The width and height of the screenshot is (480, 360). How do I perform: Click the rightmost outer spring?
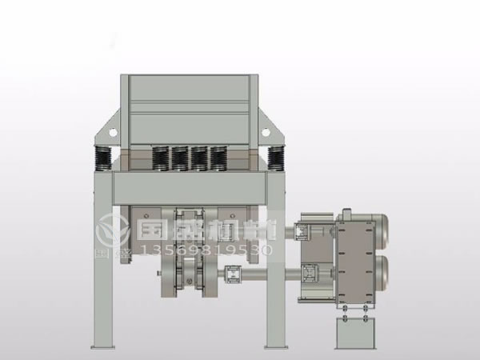point(278,157)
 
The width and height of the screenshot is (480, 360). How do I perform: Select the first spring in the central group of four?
point(159,158)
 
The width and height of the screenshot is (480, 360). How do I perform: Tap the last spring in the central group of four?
point(218,158)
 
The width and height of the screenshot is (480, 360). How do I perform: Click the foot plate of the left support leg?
point(102,346)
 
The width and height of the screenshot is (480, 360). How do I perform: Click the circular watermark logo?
point(110,232)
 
